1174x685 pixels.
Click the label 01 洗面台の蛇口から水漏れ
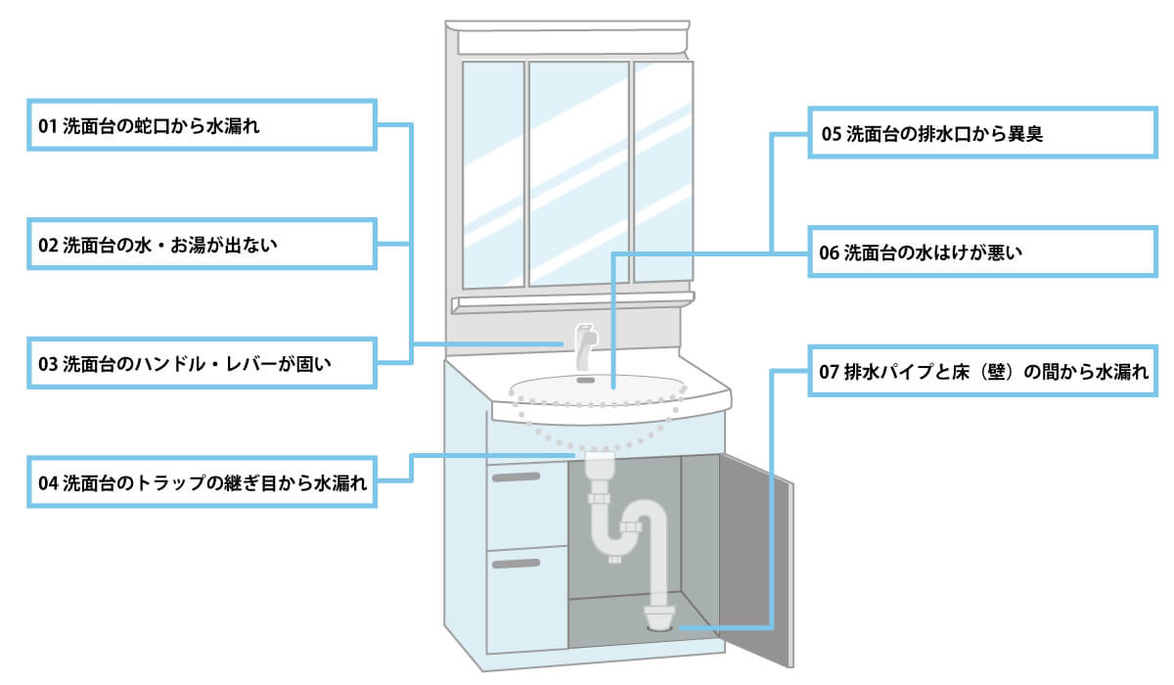(202, 125)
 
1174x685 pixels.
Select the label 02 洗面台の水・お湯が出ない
(202, 245)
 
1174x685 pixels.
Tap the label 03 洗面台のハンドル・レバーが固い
(202, 364)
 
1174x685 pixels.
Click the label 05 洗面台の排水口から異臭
(982, 133)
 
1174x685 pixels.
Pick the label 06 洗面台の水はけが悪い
(982, 252)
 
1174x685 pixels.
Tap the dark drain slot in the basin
(586, 379)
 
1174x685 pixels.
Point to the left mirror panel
(492, 174)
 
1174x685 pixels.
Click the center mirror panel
(578, 174)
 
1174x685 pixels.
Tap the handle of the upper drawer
(516, 477)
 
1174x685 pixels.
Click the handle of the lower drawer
(516, 563)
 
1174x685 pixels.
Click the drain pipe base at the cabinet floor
(658, 616)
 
